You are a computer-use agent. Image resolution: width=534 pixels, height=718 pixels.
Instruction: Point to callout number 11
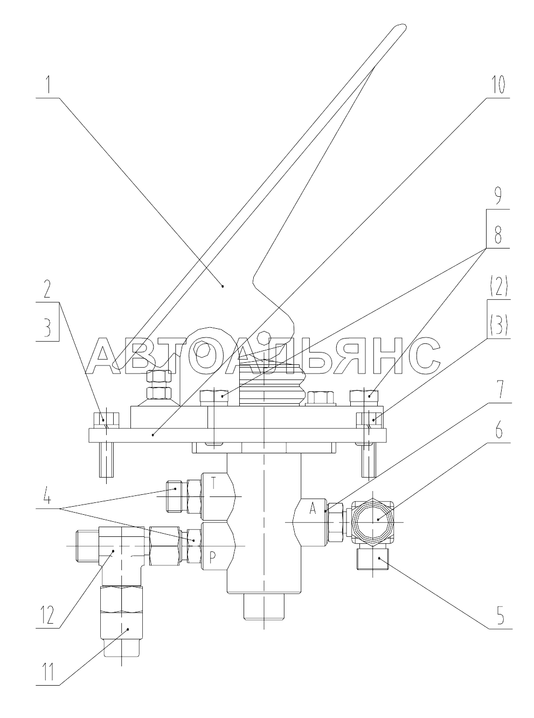[x=47, y=673]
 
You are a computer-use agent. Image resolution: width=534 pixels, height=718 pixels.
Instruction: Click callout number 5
[x=500, y=615]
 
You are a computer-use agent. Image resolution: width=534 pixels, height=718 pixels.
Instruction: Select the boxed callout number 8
[x=497, y=234]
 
